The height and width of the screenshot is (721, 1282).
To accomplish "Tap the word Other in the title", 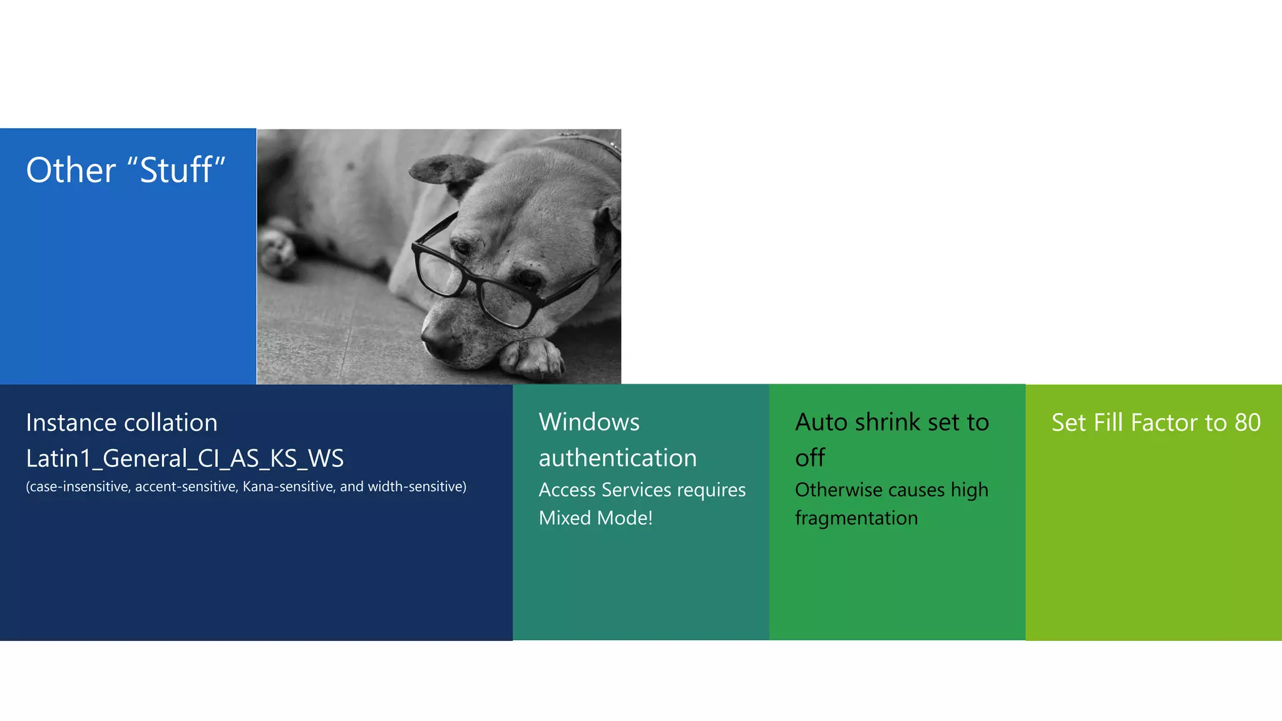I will [x=71, y=170].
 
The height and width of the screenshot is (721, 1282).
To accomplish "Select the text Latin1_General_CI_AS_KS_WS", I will [x=185, y=459].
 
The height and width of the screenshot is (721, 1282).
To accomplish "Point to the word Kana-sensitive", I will [x=288, y=487].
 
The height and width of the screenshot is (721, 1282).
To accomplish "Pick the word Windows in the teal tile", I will [x=589, y=422].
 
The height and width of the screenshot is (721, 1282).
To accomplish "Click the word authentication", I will [x=617, y=458].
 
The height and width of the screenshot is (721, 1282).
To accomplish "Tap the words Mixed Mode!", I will [x=595, y=518].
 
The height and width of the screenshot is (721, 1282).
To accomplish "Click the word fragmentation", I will [x=856, y=518].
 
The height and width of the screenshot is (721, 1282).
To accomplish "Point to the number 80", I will [x=1247, y=423].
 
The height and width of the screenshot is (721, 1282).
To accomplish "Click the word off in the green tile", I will [x=810, y=458].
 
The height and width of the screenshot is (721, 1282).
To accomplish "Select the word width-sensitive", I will [x=417, y=487].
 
